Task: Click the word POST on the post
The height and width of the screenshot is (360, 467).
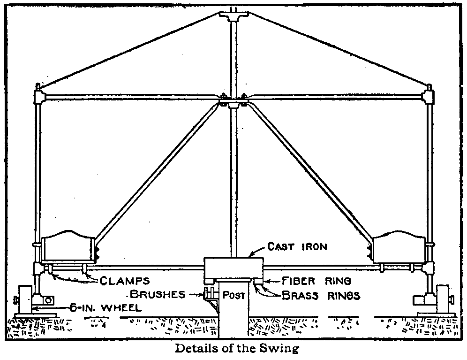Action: coord(233,296)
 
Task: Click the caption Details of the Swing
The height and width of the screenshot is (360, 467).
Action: coord(237,349)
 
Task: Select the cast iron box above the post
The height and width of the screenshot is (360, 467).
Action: coord(233,269)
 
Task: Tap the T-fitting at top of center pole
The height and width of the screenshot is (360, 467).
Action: coord(233,17)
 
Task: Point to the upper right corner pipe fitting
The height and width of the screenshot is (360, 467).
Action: coord(429,97)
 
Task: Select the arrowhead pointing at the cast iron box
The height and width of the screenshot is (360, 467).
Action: coord(249,255)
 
